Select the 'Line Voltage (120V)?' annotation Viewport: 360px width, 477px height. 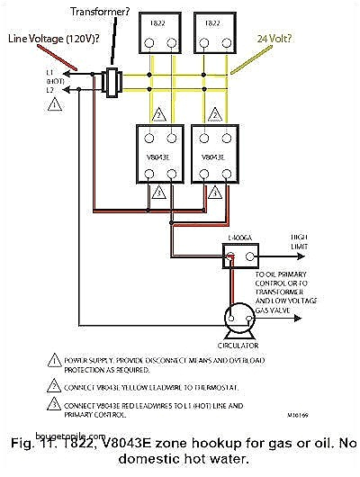point(41,39)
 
